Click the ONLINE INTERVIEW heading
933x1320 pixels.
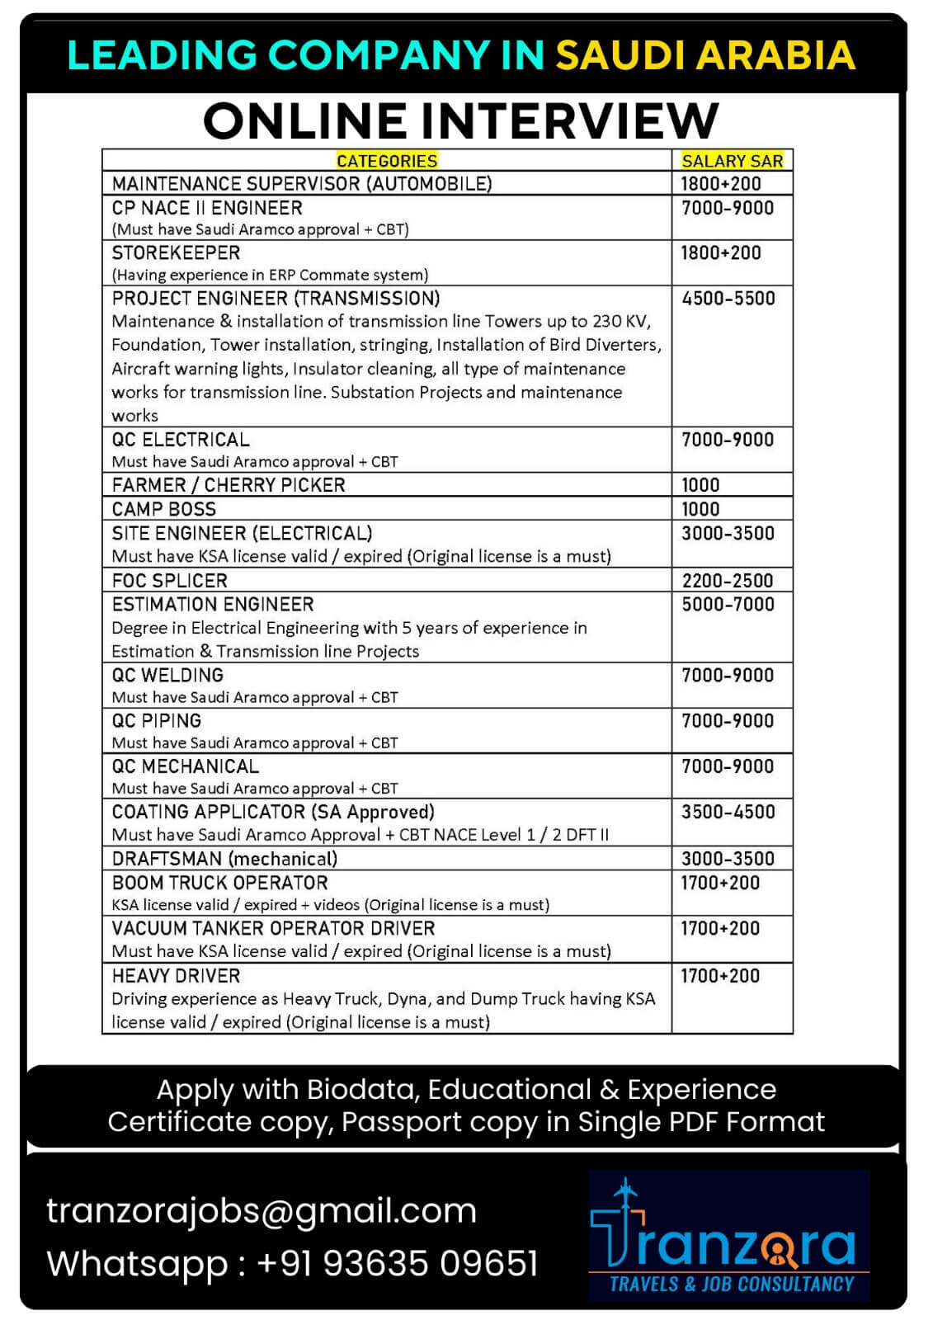click(x=460, y=120)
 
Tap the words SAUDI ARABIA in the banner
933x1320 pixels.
click(x=705, y=55)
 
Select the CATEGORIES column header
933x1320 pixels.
click(x=387, y=161)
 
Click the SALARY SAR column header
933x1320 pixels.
click(x=732, y=161)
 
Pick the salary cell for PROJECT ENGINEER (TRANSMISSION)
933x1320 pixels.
click(x=728, y=299)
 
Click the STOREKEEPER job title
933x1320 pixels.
click(x=176, y=253)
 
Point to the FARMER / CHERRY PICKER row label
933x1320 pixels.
click(x=229, y=485)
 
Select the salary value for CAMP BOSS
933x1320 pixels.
click(x=700, y=509)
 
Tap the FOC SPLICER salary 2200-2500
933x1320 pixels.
click(x=728, y=581)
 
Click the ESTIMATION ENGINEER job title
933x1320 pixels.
click(x=213, y=605)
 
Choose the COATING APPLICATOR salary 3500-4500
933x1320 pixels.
click(x=728, y=812)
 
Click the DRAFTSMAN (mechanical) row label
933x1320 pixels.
click(x=224, y=859)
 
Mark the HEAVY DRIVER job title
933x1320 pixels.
click(x=176, y=976)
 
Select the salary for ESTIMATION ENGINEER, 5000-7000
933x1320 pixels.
click(x=728, y=605)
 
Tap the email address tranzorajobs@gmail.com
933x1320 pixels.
click(x=262, y=1211)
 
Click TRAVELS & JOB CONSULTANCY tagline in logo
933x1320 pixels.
click(x=731, y=1284)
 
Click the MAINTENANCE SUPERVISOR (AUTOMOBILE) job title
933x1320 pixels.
click(x=302, y=184)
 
